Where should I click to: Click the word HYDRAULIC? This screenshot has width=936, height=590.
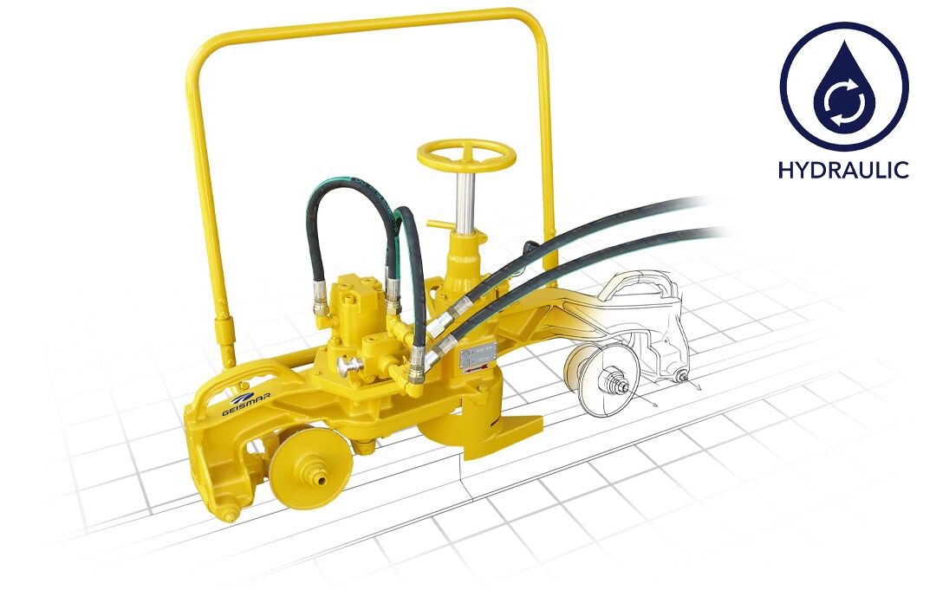pyautogui.click(x=843, y=169)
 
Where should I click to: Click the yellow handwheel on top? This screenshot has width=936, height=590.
pyautogui.click(x=465, y=155)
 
